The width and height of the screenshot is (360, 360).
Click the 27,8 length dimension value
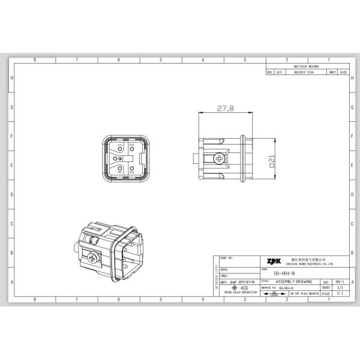point(225,109)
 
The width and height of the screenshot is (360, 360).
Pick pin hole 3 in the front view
point(131,169)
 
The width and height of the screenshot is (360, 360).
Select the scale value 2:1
point(340,294)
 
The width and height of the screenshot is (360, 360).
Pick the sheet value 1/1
point(340,287)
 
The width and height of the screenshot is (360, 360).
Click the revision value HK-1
point(340,281)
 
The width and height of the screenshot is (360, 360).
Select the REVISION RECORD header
point(306,67)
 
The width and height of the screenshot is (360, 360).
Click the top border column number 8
point(35,61)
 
